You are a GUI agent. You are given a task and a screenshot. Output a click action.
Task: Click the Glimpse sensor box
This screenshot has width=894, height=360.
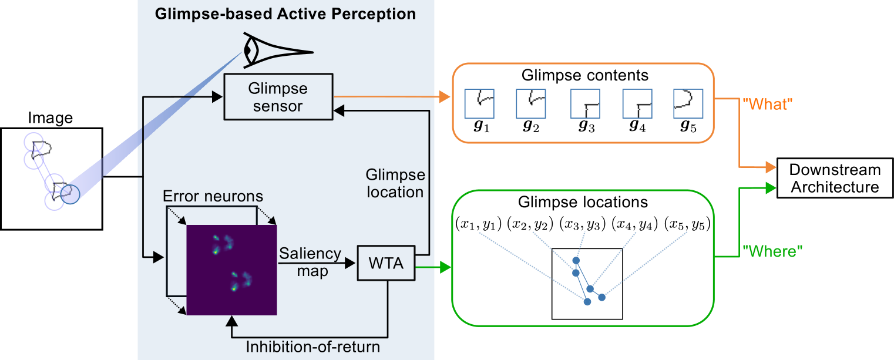pyautogui.click(x=278, y=97)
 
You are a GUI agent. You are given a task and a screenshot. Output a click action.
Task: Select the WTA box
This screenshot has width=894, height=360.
pyautogui.click(x=386, y=264)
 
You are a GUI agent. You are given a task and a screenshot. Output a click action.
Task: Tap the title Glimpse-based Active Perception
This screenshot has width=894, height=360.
pyautogui.click(x=285, y=14)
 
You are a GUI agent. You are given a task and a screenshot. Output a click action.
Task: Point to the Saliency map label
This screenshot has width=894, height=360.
pyautogui.click(x=310, y=262)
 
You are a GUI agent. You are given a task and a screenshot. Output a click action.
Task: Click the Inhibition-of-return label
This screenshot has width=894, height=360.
pyautogui.click(x=312, y=347)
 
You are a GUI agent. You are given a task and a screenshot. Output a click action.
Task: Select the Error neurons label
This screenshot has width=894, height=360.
pyautogui.click(x=213, y=196)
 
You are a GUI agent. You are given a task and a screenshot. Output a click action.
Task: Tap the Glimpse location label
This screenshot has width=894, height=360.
pyautogui.click(x=395, y=184)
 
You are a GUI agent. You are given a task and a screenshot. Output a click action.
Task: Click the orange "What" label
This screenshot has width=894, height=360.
pyautogui.click(x=768, y=105)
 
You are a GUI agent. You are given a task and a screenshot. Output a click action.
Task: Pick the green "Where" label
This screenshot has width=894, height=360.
pyautogui.click(x=772, y=251)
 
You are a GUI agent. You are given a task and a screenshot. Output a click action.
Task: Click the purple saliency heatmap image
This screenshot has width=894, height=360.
pyautogui.click(x=231, y=270)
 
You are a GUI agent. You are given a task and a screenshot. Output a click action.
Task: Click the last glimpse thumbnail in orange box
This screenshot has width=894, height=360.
pyautogui.click(x=688, y=103)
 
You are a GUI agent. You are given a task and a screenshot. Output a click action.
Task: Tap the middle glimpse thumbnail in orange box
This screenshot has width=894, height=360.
pyautogui.click(x=585, y=103)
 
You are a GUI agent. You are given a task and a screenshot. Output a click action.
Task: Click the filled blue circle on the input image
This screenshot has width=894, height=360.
pyautogui.click(x=70, y=194)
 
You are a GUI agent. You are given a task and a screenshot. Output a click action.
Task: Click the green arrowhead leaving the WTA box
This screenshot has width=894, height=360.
pyautogui.click(x=445, y=268)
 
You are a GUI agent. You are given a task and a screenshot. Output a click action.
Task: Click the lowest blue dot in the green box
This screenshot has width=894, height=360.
pyautogui.click(x=587, y=301)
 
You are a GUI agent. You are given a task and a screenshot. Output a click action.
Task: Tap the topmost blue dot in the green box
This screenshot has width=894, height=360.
pyautogui.click(x=576, y=260)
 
